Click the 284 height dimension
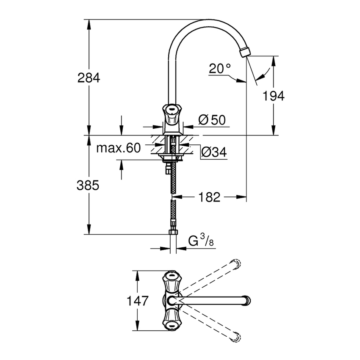pyautogui.click(x=89, y=78)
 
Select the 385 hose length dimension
pyautogui.click(x=89, y=185)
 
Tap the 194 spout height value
pyautogui.click(x=273, y=96)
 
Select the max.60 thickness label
pyautogui.click(x=118, y=148)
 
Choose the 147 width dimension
pyautogui.click(x=137, y=301)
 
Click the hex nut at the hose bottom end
pyautogui.click(x=173, y=232)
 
